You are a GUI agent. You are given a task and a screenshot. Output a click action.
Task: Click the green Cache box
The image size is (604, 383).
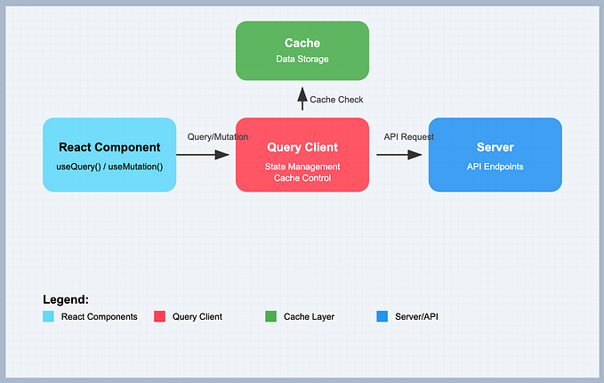pos(302,50)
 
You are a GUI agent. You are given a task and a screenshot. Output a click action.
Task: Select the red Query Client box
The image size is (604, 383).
pos(302,154)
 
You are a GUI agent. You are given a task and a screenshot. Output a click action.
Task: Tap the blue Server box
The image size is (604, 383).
pos(495,154)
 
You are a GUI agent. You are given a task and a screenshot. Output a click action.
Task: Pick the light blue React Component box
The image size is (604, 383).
pos(109,154)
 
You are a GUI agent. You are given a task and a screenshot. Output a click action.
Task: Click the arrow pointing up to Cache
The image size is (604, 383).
pos(302,100)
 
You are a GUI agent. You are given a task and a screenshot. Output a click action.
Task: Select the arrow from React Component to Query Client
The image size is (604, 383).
pos(204,155)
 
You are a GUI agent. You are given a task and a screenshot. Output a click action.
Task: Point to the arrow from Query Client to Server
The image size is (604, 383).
pos(399,155)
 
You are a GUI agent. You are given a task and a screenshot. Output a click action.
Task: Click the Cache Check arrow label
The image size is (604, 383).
pos(336,100)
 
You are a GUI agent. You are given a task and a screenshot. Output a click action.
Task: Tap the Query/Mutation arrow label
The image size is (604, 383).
pos(218,136)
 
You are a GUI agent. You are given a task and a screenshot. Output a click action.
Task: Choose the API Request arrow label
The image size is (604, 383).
pos(409,136)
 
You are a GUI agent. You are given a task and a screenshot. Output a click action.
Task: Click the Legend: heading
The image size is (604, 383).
pos(66,300)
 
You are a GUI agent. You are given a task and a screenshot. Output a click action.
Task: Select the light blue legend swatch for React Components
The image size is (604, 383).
pos(49,316)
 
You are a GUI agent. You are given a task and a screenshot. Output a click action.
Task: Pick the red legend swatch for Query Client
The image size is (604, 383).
pos(160,316)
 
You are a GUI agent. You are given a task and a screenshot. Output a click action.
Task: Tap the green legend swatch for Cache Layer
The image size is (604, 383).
pos(271,316)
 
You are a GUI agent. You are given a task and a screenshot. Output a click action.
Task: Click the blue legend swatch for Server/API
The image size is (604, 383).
pos(383,316)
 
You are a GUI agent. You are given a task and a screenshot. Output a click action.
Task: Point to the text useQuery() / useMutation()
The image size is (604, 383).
pos(109,167)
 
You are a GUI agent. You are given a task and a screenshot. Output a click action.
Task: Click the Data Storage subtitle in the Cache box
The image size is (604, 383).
pos(302,59)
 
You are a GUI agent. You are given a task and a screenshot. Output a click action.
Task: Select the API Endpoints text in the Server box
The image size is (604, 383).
pos(495,166)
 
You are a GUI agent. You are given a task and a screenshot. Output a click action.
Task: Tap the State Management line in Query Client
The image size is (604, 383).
pos(302,167)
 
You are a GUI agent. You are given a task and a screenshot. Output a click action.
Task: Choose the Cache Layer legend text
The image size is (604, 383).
pos(309,316)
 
